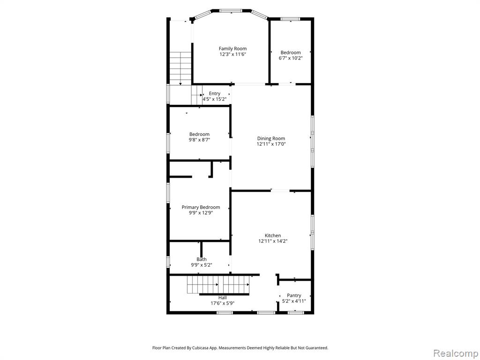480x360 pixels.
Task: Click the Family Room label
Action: coord(232,49)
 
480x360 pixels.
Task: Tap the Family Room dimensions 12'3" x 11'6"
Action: coord(232,54)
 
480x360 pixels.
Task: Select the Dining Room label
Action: coord(271,139)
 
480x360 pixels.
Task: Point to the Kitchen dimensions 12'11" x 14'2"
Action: coord(273,241)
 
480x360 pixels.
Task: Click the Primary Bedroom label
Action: coord(201,207)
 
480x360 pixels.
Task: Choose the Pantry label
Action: coord(294,295)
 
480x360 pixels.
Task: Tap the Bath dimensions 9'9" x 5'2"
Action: coord(202,265)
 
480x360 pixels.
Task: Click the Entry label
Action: coord(215,94)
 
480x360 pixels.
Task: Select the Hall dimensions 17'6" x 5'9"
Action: coord(223,303)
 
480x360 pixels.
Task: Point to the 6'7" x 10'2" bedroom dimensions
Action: coord(291,58)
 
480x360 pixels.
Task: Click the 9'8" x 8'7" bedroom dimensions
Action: coord(199,140)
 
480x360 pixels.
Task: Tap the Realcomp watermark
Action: coord(456,353)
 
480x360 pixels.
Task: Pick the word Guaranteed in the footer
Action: coord(317,348)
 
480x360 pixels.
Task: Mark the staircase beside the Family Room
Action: coord(180,68)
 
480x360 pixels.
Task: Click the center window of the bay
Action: coord(231,11)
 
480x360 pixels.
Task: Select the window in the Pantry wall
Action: coord(296,313)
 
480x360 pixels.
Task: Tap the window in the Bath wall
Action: coord(168,262)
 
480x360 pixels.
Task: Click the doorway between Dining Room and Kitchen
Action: coord(280,191)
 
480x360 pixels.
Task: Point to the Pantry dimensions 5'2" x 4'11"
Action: coord(294,301)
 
